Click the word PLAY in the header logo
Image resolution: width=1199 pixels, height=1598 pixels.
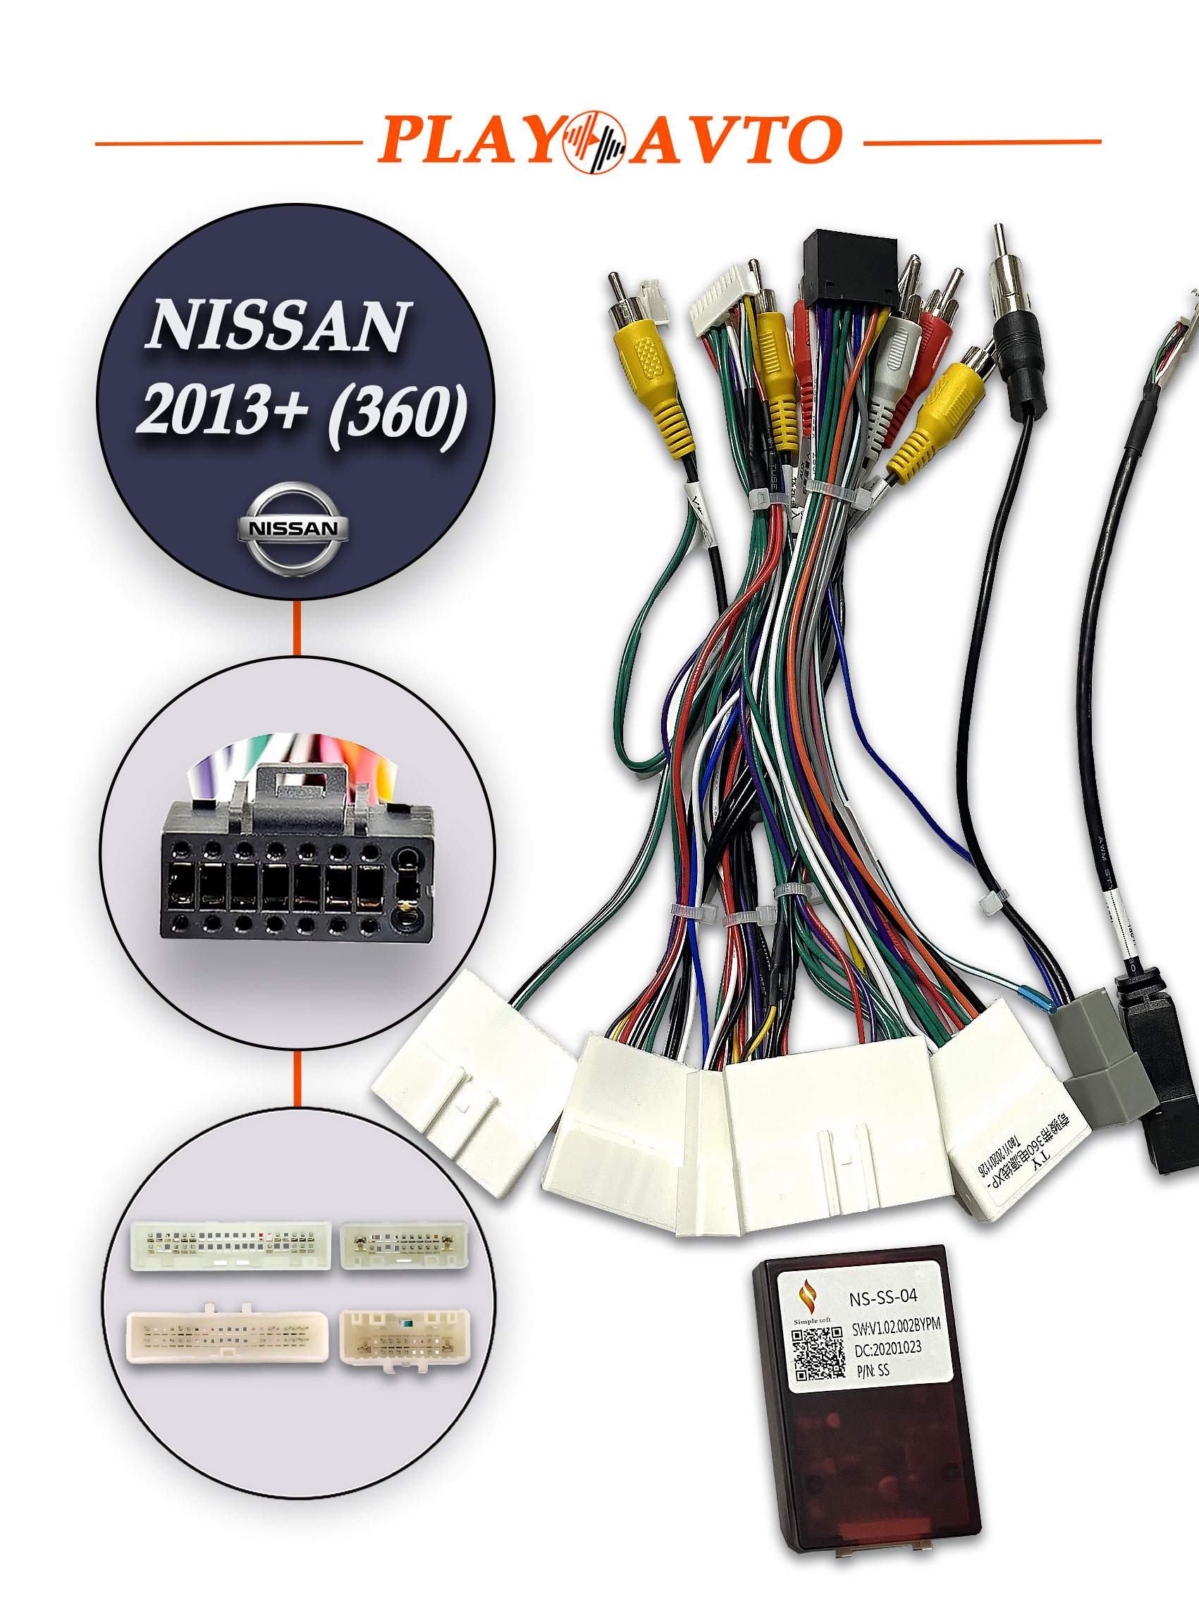pos(469,140)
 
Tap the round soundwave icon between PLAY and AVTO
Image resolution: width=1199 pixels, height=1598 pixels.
pos(594,142)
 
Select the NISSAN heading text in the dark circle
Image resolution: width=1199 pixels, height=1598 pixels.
pos(278,326)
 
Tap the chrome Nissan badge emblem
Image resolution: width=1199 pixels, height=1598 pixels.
pos(293,529)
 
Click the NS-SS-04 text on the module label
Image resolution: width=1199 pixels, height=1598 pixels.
pos(883,1298)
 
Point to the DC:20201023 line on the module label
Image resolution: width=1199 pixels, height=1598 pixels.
pos(887,1349)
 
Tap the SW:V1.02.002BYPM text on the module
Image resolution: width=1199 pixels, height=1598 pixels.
pos(895,1326)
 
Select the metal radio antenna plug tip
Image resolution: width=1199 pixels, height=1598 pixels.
pos(1001,246)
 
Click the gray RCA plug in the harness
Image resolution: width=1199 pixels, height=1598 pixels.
pos(896,361)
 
